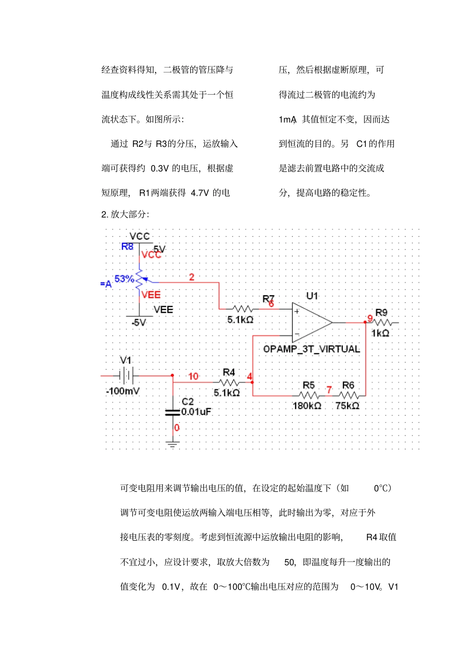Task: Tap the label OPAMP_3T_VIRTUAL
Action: coord(311,349)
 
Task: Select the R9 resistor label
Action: coord(381,313)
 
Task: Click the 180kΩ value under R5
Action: coord(307,406)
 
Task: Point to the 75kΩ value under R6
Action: coord(347,406)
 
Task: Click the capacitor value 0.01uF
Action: coord(196,412)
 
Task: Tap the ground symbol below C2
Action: coord(172,444)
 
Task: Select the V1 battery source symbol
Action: coord(127,376)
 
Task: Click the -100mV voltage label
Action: coord(123,391)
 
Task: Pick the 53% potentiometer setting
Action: coord(124,279)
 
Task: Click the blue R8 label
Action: coord(127,246)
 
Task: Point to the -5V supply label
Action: coord(139,322)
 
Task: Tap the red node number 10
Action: coord(193,377)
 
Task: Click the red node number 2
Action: coord(192,277)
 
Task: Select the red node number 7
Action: coord(329,390)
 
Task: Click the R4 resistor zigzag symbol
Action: coord(229,383)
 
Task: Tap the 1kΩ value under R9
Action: coord(380,333)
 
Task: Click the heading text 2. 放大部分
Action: coord(125,214)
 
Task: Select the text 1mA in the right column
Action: coord(287,120)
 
